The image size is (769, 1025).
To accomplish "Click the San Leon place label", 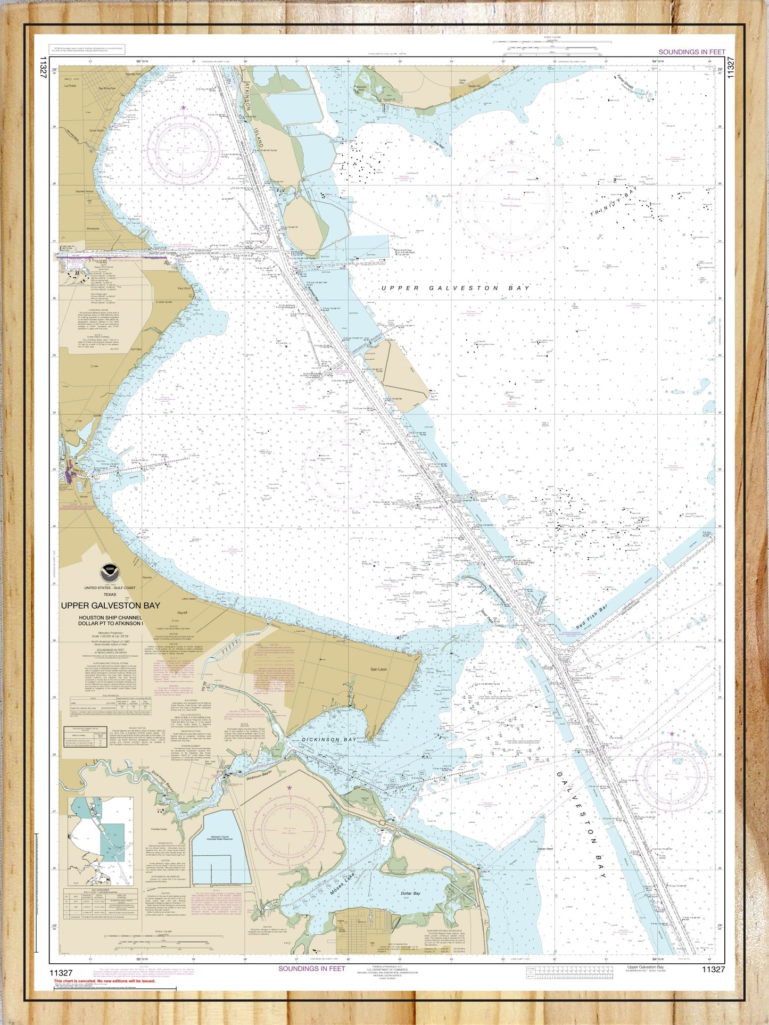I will (x=379, y=669).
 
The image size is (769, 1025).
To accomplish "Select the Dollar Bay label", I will (x=410, y=893).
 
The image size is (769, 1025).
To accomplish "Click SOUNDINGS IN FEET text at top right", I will (x=692, y=52).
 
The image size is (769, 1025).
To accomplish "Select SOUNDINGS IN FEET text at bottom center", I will (x=312, y=968).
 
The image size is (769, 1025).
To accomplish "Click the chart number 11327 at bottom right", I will (x=713, y=969).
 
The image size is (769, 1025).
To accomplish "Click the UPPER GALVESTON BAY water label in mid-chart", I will (x=456, y=288).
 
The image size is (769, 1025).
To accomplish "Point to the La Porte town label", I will (x=70, y=86).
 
